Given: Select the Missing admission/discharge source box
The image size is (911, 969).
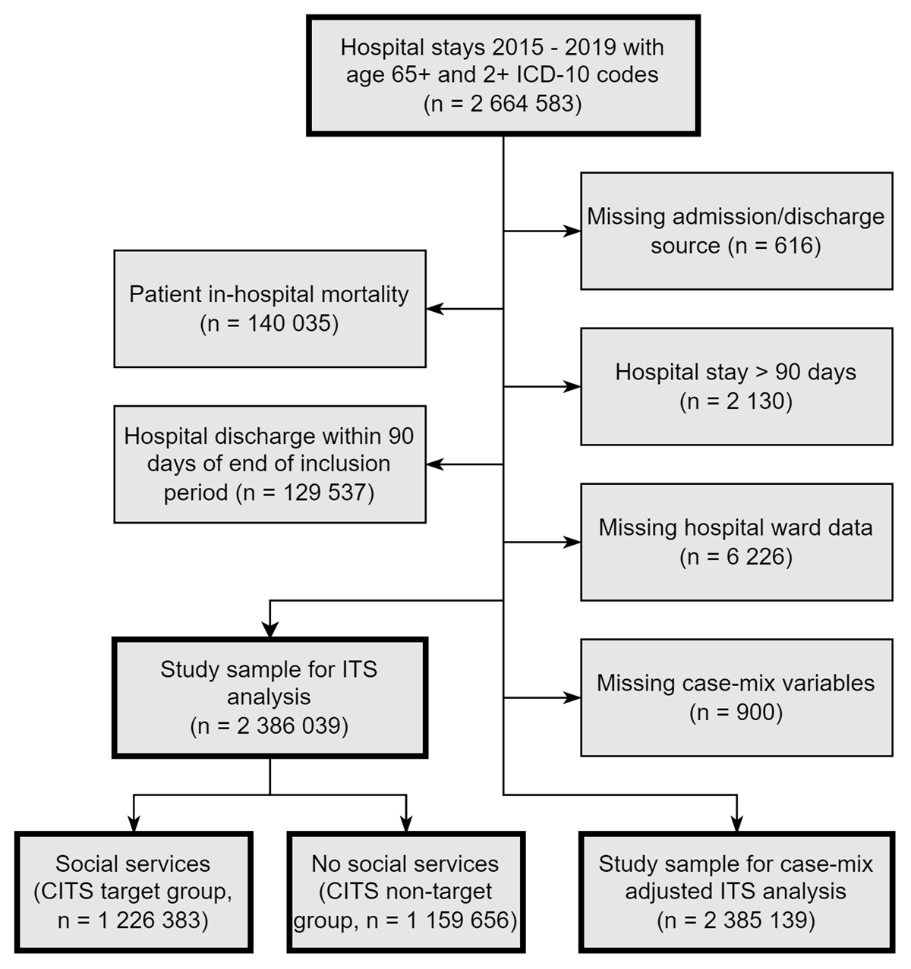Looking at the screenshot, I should [x=736, y=231].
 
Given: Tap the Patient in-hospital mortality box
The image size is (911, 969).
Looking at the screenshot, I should [x=270, y=308].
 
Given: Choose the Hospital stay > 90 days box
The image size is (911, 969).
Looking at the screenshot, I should [x=736, y=386].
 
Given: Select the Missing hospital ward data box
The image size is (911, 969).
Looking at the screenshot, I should [x=736, y=542].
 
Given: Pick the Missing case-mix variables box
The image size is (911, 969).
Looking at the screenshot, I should [x=736, y=697].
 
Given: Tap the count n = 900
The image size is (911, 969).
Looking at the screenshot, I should [x=736, y=713].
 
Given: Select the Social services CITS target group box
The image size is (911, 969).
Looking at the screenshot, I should [x=133, y=892].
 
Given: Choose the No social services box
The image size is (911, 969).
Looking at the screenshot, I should [x=405, y=892].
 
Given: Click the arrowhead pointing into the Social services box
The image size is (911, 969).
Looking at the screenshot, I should [x=133, y=824].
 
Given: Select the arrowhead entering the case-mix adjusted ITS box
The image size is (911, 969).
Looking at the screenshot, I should [x=736, y=824].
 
